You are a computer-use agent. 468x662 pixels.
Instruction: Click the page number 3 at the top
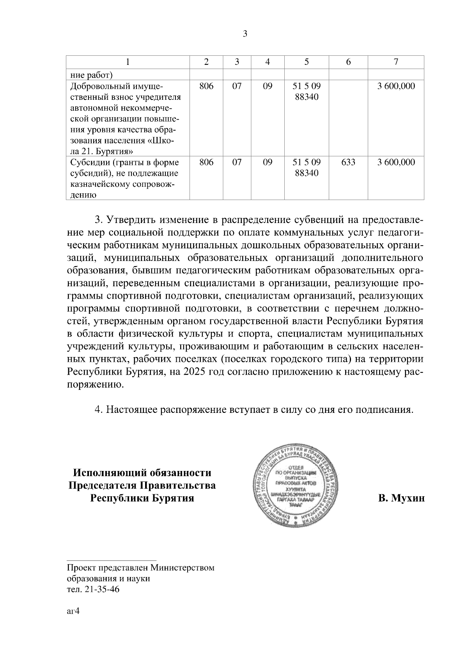click(x=245, y=34)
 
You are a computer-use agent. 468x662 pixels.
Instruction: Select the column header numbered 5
click(x=307, y=62)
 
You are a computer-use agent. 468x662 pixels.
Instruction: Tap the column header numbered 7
click(x=396, y=62)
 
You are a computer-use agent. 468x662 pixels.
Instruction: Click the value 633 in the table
click(x=348, y=162)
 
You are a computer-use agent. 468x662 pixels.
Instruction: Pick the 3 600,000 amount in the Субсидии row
click(x=396, y=162)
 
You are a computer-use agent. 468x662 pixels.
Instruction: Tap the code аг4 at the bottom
click(x=73, y=612)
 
